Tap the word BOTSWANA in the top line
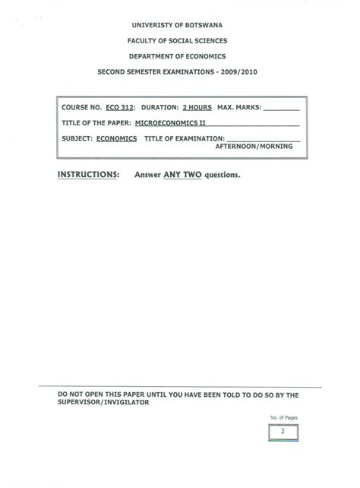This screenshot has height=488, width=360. coord(199,24)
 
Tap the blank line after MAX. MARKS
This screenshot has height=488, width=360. coord(282,109)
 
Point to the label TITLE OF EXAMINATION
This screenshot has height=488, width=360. coord(183,139)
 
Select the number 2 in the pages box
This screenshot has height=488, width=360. coord(283,431)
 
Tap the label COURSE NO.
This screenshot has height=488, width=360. coord(79,108)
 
